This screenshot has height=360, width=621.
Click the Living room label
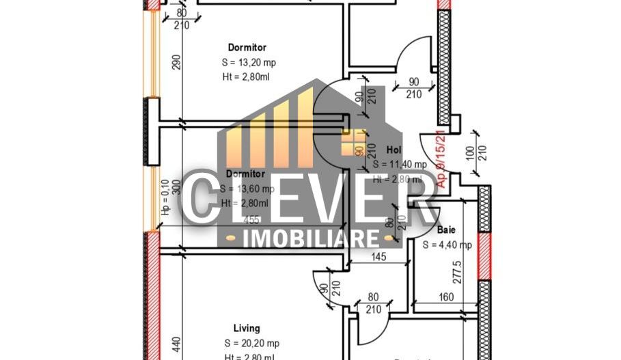point(247,329)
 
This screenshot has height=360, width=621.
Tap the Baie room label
point(447,231)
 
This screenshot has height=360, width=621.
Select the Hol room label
point(394,150)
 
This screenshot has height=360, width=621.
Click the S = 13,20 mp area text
point(249,62)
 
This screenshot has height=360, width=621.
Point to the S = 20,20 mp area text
point(251,343)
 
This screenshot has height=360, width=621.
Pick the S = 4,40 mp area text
point(447,245)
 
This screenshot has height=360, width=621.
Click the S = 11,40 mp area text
point(400,164)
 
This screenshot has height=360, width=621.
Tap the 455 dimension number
point(251,221)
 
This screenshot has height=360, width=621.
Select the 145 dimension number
point(381,257)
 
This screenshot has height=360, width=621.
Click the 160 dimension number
point(445,297)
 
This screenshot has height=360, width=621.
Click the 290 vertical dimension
point(176,61)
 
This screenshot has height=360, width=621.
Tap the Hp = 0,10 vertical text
point(165,198)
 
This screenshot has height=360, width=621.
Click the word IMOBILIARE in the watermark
point(312,238)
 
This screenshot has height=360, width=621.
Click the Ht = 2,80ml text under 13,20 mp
point(246,77)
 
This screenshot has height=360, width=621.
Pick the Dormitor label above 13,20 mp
point(247,47)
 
